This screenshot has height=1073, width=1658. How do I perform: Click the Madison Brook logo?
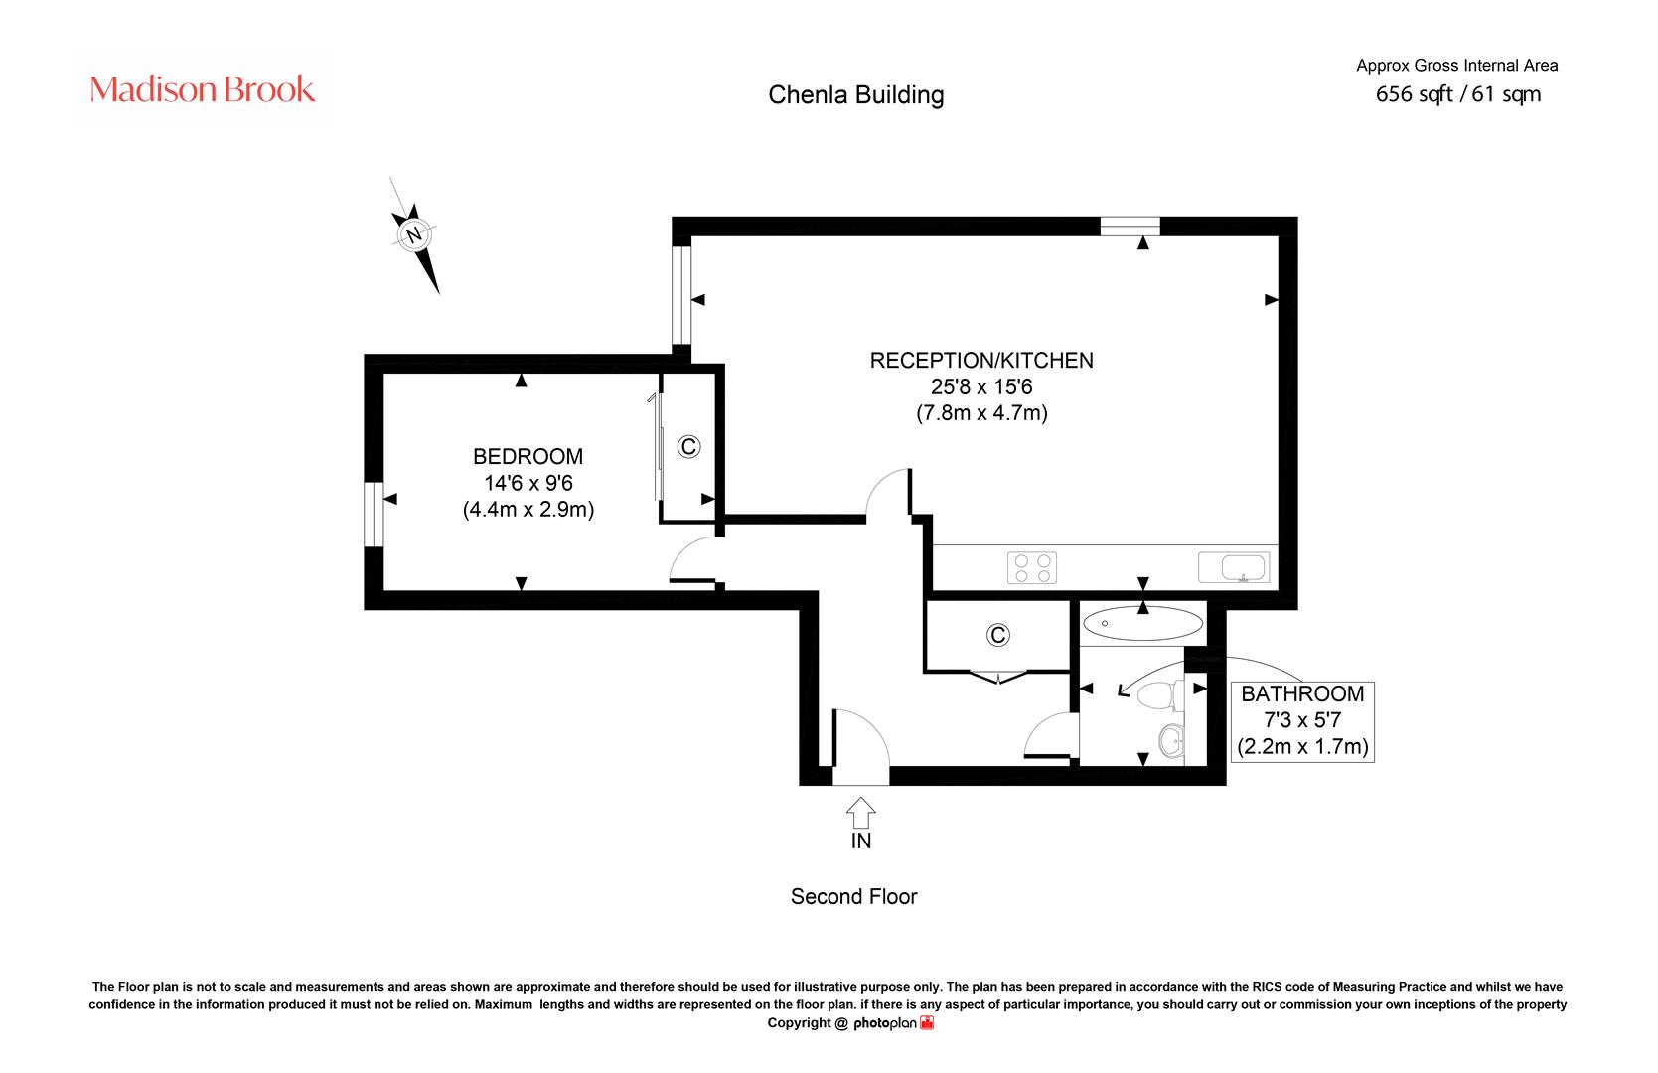pos(202,89)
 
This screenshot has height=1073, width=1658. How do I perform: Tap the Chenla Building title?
pos(855,94)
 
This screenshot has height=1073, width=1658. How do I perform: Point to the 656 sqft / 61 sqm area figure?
pos(1458,94)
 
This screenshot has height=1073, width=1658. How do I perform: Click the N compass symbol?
pos(414,235)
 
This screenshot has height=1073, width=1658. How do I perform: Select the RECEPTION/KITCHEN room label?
pos(981,360)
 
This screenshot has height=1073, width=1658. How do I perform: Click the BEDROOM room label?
pos(528,456)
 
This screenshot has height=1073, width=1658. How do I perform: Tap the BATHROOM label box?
pos(1302,720)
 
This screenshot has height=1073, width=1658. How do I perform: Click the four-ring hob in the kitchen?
pos(1032,568)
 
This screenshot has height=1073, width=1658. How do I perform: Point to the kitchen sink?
pos(1234,567)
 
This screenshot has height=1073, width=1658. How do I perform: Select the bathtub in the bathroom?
pos(1142,623)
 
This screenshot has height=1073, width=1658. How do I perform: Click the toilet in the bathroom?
pos(1160,695)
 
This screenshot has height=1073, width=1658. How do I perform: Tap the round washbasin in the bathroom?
pos(1171,740)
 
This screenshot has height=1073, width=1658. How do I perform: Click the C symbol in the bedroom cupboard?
pos(688,446)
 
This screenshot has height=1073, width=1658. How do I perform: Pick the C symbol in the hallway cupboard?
pos(997,635)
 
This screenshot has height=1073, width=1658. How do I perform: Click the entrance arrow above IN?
pos(861,813)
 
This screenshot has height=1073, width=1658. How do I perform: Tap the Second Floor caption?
pos(853,897)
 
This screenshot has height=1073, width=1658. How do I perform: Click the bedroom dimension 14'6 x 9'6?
pos(528,483)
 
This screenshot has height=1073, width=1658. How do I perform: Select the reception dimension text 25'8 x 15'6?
pos(981,386)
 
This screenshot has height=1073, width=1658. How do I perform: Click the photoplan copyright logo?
pos(893,1023)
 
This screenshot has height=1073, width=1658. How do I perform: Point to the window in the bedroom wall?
pos(374,515)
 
